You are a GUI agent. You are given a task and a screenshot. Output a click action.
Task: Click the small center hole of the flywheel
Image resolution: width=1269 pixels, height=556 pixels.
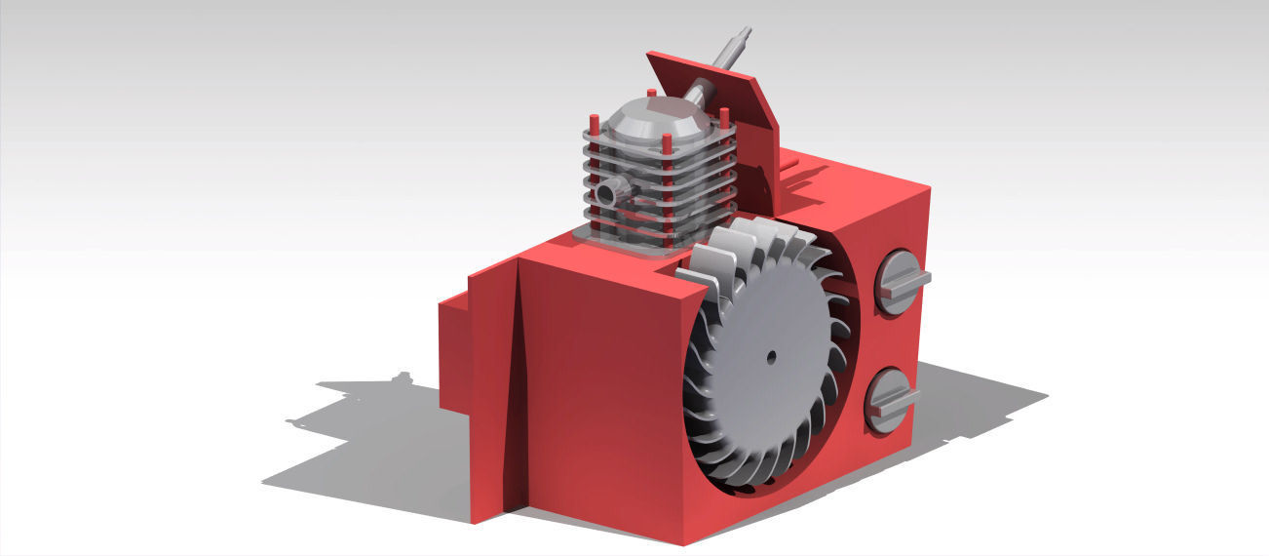pos(770,356)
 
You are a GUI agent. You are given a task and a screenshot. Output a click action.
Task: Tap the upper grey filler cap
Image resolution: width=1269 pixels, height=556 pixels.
pos(898,283)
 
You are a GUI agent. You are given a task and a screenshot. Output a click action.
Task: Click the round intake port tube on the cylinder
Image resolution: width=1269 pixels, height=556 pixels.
pos(606,193)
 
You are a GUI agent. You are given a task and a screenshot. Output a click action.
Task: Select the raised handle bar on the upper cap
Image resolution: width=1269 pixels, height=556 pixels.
pos(906,281)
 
